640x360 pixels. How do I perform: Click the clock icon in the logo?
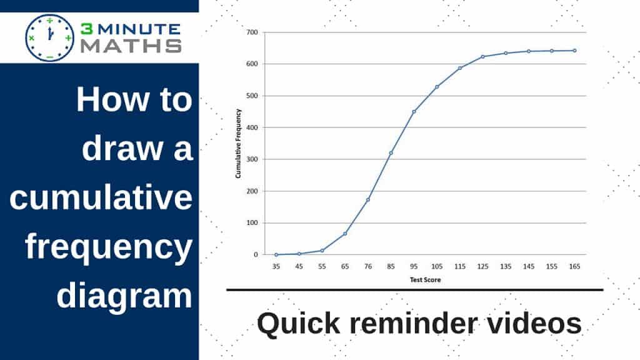[50, 38]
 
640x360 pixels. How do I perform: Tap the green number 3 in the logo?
[87, 29]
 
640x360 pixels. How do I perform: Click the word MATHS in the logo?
[131, 46]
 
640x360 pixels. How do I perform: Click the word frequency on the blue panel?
[109, 247]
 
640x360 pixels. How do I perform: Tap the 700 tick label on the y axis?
[252, 32]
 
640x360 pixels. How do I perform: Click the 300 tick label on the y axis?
[252, 159]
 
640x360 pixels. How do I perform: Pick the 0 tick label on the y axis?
[256, 254]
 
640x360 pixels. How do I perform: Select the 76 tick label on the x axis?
[367, 266]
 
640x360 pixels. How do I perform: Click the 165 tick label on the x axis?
[574, 266]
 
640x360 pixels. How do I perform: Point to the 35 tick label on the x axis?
[276, 266]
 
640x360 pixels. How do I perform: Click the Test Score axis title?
[425, 280]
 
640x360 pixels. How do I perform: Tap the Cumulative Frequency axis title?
[238, 144]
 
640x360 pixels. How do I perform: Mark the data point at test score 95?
[414, 111]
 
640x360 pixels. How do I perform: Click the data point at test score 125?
[482, 57]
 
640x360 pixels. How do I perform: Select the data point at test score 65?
[345, 234]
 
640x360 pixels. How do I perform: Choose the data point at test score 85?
[391, 153]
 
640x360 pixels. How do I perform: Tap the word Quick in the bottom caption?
[299, 324]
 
